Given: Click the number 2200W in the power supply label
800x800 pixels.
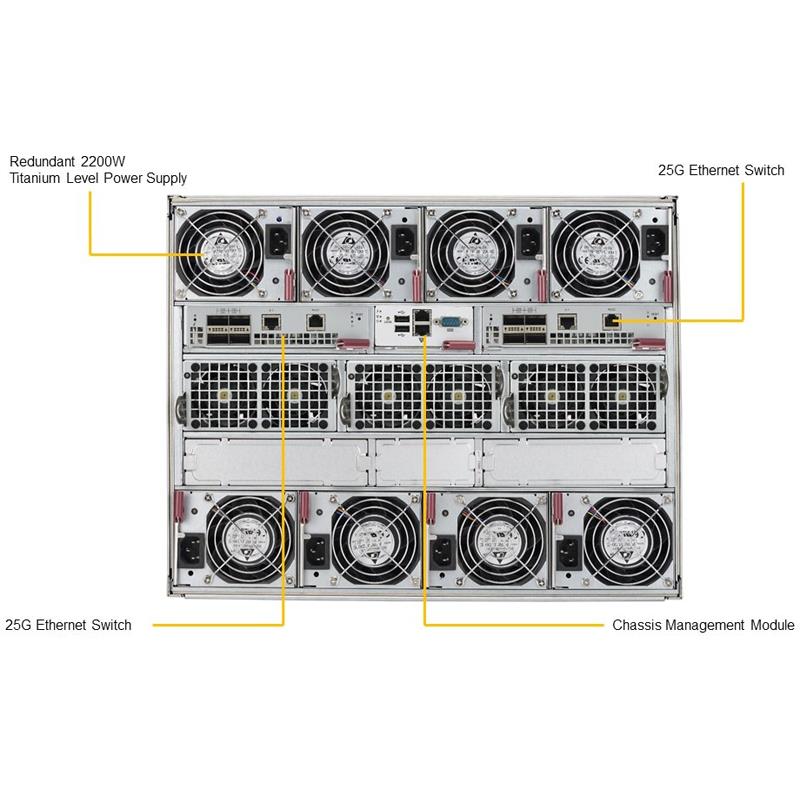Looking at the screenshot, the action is (103, 162).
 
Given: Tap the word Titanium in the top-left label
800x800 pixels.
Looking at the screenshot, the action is (34, 178).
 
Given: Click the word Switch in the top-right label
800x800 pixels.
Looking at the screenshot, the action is (764, 170).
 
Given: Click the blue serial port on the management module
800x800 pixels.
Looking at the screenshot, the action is (449, 322).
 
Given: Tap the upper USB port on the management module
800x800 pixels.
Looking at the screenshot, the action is (402, 319).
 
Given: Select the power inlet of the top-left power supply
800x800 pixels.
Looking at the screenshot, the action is (280, 240).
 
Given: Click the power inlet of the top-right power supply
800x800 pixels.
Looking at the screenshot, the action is (655, 240).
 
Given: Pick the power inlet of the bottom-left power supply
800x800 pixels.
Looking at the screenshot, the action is (191, 552).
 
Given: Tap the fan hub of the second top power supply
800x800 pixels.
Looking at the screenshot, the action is (346, 254).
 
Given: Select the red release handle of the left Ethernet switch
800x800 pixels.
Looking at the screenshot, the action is (354, 345).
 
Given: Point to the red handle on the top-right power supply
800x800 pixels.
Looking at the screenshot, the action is (667, 286).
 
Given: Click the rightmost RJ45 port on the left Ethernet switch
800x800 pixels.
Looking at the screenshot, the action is (316, 322).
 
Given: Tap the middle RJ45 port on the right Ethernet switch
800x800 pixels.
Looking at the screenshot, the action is (566, 321).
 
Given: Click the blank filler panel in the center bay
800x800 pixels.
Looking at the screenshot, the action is (426, 462).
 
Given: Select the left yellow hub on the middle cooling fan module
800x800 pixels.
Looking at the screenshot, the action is (387, 395).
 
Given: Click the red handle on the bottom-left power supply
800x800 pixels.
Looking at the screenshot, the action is (179, 508).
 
